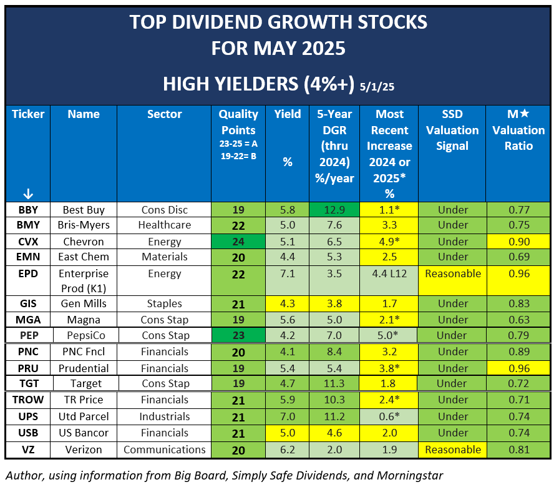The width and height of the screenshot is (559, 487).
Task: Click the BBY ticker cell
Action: [27, 210]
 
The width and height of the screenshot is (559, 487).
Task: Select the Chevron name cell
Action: [84, 242]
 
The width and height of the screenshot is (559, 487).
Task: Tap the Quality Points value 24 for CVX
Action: [238, 242]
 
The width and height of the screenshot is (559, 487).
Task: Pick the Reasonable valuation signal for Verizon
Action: [452, 450]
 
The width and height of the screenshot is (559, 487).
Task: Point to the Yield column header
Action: [287, 114]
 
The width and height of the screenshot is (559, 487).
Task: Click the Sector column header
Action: [164, 114]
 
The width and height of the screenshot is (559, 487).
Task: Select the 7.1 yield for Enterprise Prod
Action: [287, 273]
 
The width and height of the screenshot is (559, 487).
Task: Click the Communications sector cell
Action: [164, 450]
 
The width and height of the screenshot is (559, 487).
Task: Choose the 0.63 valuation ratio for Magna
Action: [518, 320]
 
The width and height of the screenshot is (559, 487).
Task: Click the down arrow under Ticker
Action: [27, 193]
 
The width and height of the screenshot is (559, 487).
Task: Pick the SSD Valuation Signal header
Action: [452, 130]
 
